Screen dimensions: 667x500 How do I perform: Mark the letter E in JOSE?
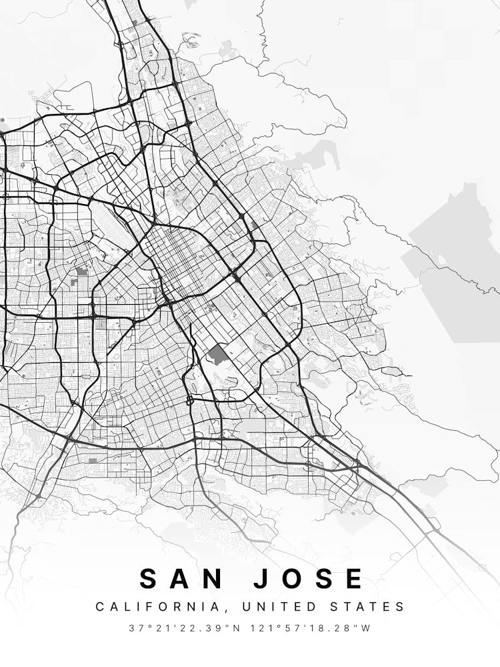(x=353, y=578)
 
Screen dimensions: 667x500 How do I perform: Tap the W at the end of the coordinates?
(x=367, y=628)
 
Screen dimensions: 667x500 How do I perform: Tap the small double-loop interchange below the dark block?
(x=189, y=400)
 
